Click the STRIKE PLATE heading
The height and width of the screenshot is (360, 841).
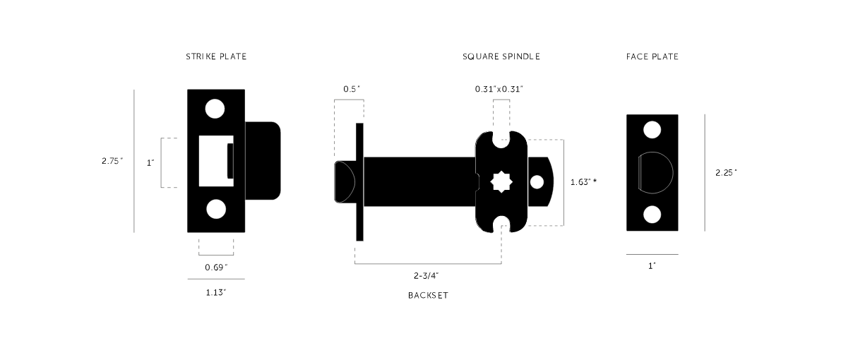point(216,56)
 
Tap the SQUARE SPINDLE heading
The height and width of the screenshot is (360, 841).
point(501,56)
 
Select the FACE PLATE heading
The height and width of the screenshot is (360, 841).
point(652,56)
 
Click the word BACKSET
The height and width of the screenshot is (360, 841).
point(428,296)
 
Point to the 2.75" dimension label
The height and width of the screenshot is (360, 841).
point(112,160)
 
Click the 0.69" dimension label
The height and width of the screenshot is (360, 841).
point(216,268)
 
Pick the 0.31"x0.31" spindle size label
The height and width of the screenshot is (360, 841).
point(499,89)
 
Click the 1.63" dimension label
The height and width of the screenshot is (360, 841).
point(583,182)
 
